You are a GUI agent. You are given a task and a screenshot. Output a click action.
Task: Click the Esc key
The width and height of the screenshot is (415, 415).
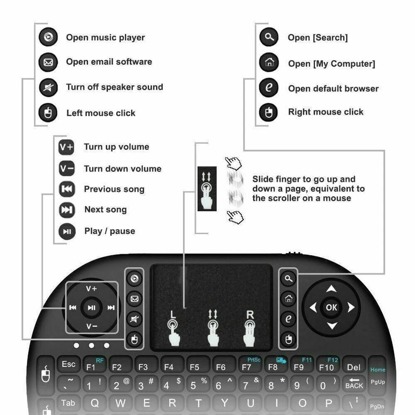(x=68, y=365)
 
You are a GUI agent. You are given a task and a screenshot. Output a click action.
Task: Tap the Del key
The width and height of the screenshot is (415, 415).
(x=354, y=367)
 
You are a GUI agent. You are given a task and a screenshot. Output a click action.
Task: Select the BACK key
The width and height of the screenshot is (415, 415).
(x=354, y=384)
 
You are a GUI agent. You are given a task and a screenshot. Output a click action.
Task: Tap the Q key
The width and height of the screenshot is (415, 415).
(x=95, y=403)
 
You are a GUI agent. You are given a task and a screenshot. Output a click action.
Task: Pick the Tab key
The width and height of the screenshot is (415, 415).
(x=68, y=403)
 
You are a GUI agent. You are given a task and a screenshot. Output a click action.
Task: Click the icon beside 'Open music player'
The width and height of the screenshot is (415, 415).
(x=48, y=37)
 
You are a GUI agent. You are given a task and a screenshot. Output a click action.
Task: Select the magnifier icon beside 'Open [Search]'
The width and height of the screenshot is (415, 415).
(x=269, y=37)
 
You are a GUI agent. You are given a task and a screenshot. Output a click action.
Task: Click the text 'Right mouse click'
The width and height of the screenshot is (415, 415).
(x=326, y=112)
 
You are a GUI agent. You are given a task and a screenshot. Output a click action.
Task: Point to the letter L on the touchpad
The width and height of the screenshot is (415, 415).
(x=173, y=314)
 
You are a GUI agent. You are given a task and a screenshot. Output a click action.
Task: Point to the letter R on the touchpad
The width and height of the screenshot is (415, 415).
(x=250, y=314)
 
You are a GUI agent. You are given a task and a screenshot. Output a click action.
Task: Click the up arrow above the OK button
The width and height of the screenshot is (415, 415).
(x=331, y=289)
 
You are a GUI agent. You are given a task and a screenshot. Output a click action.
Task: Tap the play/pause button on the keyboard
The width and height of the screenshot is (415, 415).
(x=92, y=308)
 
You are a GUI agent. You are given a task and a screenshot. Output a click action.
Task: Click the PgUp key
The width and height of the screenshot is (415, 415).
(x=378, y=383)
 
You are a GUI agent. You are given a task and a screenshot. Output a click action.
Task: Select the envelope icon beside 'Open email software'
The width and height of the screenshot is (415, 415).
(x=48, y=62)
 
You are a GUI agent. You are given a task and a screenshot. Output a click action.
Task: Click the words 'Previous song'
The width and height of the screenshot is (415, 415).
(x=114, y=189)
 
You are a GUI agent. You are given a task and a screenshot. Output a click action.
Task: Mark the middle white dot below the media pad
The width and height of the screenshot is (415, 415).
(x=91, y=345)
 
